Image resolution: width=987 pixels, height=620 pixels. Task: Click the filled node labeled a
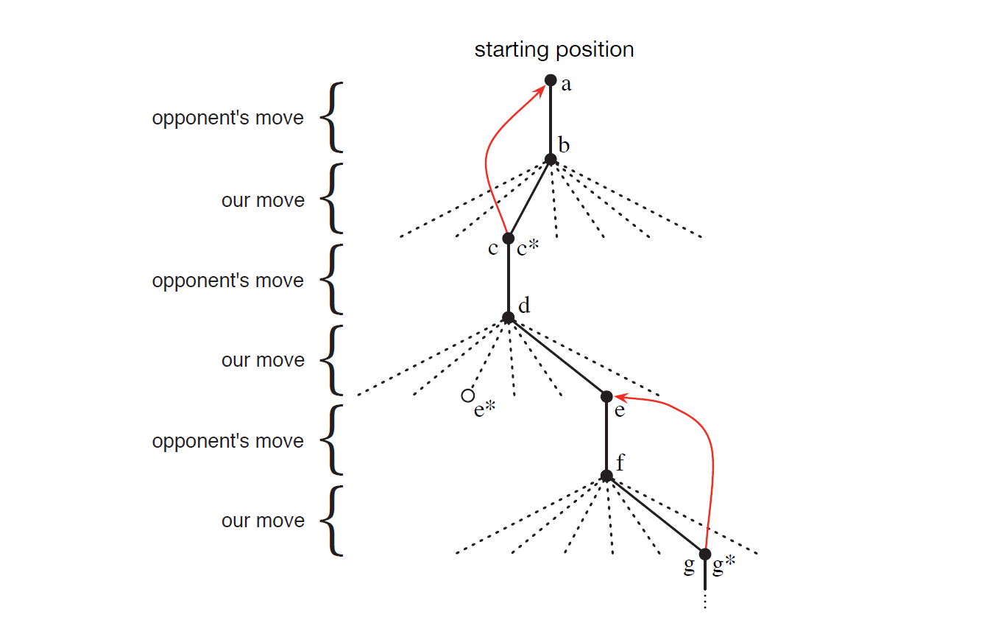point(551,80)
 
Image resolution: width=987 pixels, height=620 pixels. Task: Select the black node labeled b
point(551,159)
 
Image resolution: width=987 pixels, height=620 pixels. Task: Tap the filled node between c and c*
point(508,238)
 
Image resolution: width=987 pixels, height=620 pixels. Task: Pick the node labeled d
point(508,317)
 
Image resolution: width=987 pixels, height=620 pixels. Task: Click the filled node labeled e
point(606,396)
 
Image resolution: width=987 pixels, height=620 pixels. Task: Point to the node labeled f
point(606,476)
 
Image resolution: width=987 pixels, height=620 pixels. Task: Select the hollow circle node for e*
point(467,395)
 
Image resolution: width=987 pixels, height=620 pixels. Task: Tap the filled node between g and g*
point(705,554)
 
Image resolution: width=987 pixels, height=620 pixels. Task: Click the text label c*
point(528,250)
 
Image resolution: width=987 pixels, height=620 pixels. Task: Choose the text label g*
point(724,566)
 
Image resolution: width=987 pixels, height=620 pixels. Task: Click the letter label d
point(524,306)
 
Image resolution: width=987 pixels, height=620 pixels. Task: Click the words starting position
point(554,50)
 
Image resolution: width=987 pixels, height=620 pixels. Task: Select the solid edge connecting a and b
point(551,119)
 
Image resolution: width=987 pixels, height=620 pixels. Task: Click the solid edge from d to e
point(557,357)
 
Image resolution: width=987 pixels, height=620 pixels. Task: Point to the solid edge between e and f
point(606,436)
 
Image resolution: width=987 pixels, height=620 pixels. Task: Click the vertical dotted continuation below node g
point(705,600)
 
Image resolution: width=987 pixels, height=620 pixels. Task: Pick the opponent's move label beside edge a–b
point(228,118)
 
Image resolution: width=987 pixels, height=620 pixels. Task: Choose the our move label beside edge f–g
point(263,521)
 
